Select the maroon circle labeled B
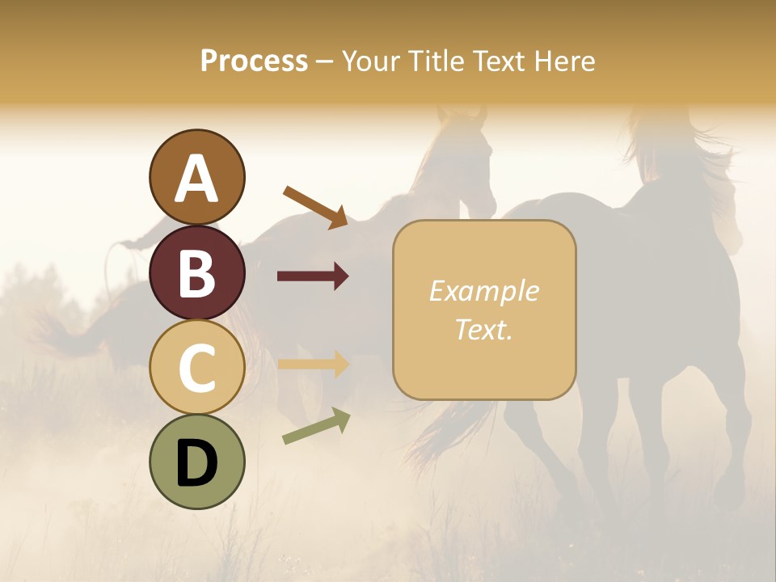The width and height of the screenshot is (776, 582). [x=197, y=272]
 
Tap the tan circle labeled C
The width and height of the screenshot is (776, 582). [x=197, y=367]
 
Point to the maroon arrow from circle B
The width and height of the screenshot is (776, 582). [x=313, y=276]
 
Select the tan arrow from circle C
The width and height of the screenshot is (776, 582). [x=313, y=364]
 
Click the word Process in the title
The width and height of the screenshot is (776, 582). [x=254, y=61]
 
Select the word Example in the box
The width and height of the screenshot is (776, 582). [x=483, y=291]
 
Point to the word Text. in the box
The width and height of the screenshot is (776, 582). [x=483, y=329]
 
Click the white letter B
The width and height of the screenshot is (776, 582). [x=197, y=273]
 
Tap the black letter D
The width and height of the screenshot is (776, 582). [x=197, y=463]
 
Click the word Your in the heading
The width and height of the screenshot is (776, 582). [x=369, y=61]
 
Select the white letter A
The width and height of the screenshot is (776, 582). [x=197, y=178]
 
